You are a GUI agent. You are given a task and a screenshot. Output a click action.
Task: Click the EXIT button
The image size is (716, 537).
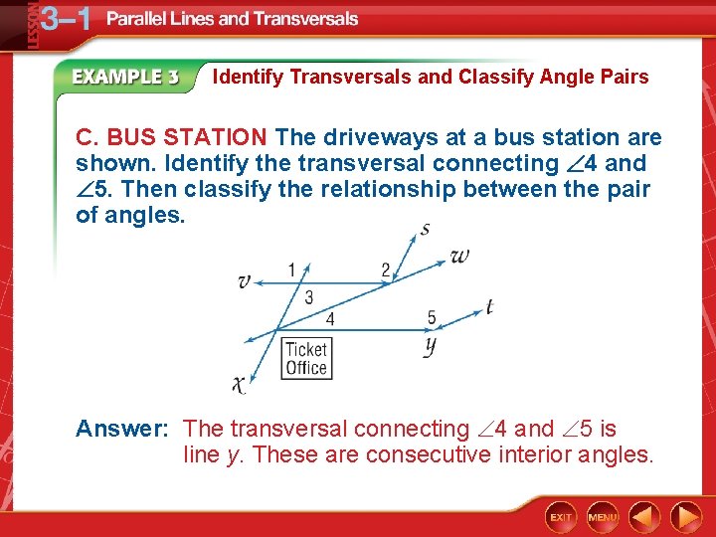tap(562, 517)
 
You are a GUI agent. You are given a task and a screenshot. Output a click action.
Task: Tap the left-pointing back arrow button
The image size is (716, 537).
tap(645, 517)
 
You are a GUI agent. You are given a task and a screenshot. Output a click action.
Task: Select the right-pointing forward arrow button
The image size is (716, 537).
tap(685, 517)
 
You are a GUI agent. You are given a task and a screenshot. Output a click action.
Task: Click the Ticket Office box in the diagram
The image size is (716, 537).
tap(305, 359)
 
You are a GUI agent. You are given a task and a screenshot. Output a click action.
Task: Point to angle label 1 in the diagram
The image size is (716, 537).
tap(291, 268)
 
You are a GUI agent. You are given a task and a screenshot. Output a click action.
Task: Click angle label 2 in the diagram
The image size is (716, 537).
tap(386, 269)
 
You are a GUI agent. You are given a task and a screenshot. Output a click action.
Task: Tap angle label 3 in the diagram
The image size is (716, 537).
tap(309, 297)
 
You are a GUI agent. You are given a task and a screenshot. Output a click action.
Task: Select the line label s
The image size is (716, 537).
tap(425, 230)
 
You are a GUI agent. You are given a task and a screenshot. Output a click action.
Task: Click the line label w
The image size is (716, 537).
tap(459, 256)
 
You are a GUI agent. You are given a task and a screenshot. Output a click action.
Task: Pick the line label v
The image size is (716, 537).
tap(244, 282)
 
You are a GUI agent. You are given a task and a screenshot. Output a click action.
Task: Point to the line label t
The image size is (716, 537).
tap(489, 307)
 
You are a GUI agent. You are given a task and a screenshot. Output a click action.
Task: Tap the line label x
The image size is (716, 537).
tap(240, 383)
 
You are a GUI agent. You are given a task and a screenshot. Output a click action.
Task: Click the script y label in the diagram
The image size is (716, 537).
tap(431, 345)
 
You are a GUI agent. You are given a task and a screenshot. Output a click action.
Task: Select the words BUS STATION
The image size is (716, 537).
tap(187, 137)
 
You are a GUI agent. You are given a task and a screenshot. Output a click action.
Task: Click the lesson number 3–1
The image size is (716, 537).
tap(60, 19)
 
